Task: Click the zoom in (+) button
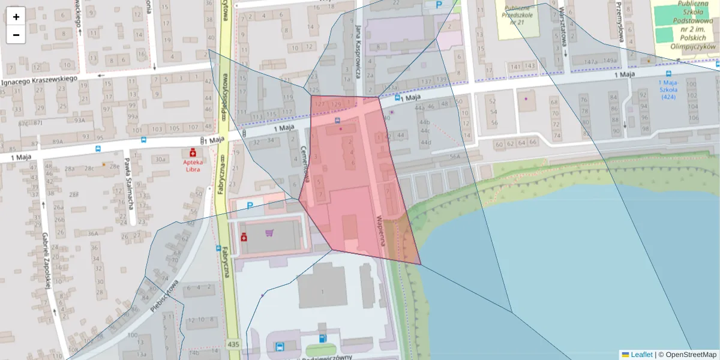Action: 16,17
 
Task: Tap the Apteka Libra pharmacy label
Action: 193,165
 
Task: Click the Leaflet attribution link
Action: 641,355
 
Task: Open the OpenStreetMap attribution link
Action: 687,355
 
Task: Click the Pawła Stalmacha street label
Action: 128,187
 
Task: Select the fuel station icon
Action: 323,338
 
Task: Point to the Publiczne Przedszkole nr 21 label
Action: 517,13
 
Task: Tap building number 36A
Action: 92,233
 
